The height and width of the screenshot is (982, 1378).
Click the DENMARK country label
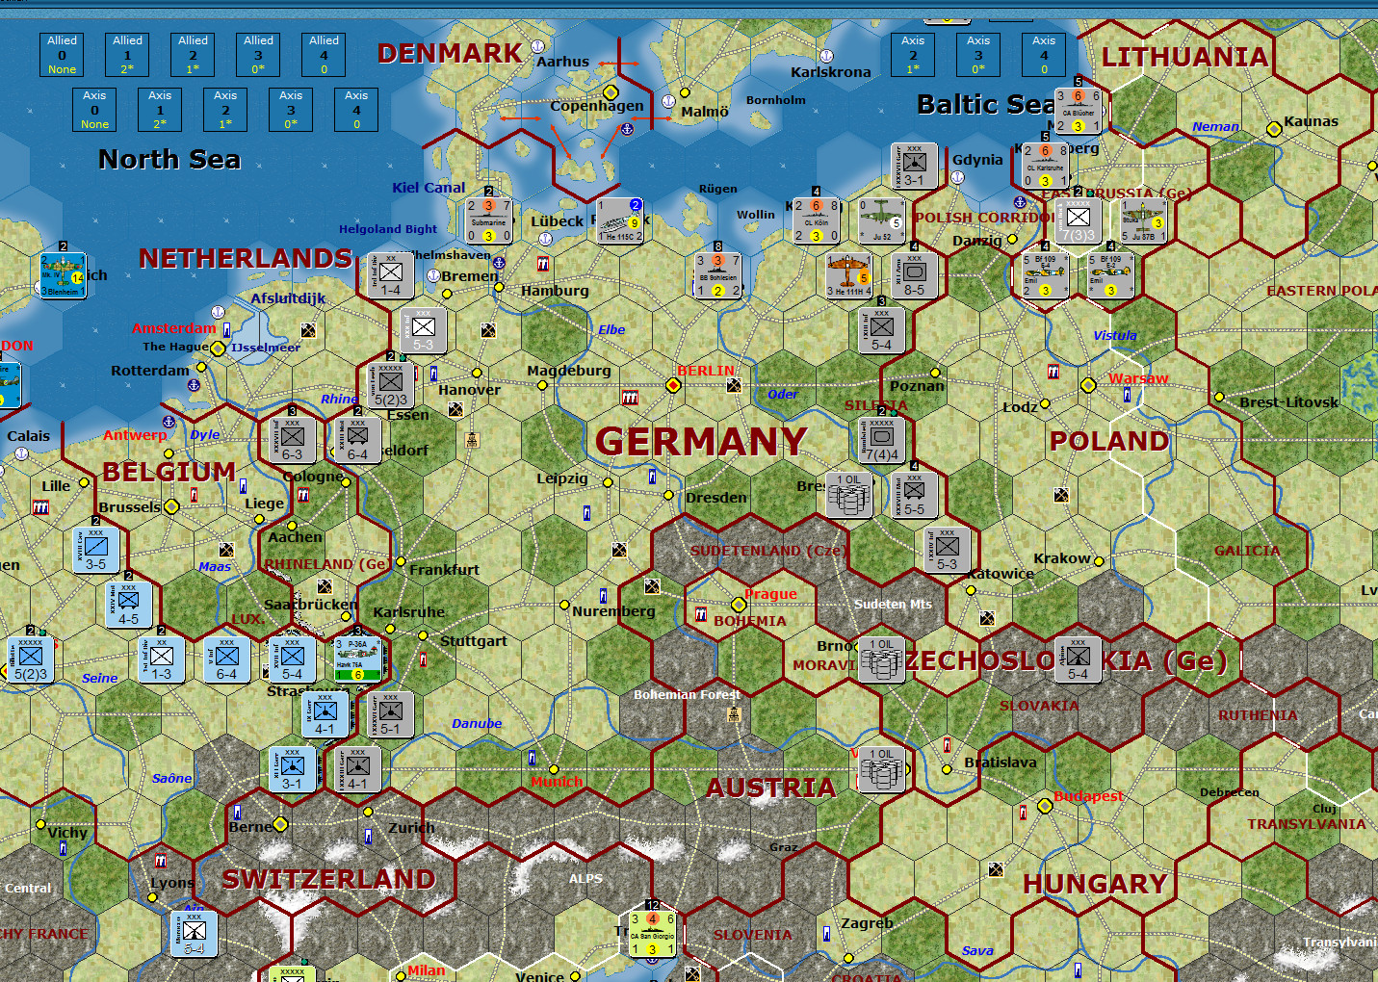coord(449,54)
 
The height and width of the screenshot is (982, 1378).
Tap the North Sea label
coord(169,159)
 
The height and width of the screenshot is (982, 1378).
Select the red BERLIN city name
coord(705,371)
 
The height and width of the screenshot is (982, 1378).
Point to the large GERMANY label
coord(701,442)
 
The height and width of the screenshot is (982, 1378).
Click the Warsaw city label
coord(1138,378)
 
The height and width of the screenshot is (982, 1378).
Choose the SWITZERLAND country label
coord(328,879)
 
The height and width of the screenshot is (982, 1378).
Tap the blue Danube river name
coord(477,723)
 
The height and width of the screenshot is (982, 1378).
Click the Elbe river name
coord(611,329)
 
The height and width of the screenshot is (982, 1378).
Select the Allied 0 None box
coord(62,55)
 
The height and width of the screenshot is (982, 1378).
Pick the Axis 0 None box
coord(94,110)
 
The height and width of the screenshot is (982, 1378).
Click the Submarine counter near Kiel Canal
coord(488,220)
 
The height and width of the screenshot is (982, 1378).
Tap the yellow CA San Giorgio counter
coord(652,934)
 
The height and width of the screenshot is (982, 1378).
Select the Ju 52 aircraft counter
coord(881,220)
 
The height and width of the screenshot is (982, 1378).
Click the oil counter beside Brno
coord(881,659)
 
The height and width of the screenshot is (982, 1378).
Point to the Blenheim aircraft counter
coord(62,275)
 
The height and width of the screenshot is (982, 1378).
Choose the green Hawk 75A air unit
coord(357,659)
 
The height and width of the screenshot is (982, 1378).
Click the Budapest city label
coord(1088,796)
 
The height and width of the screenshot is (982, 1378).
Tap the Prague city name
coord(770,594)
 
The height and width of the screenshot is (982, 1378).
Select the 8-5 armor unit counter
coord(914,275)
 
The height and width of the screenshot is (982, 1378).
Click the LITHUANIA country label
coord(1184,58)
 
